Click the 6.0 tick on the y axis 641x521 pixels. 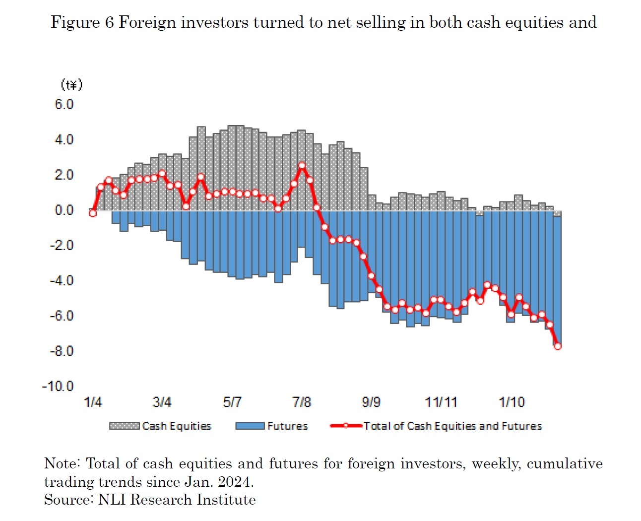pos(64,104)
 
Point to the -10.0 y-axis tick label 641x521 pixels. pos(58,386)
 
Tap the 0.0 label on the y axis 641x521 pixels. pos(64,210)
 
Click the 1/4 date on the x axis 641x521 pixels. pos(93,402)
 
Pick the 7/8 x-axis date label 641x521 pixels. pos(302,402)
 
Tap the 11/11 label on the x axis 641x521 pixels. pos(441,402)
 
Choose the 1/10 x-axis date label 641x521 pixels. pos(512,402)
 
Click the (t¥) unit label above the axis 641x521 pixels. pos(71,85)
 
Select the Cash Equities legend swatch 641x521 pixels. pos(124,426)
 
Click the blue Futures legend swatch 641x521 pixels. pos(250,426)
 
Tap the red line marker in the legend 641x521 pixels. pos(346,426)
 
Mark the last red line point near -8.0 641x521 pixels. pos(557,346)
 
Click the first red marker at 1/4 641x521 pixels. pos(93,213)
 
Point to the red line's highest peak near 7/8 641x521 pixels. pos(302,166)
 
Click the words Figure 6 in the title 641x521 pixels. pos(82,22)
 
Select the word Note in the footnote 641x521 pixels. pos(61,463)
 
